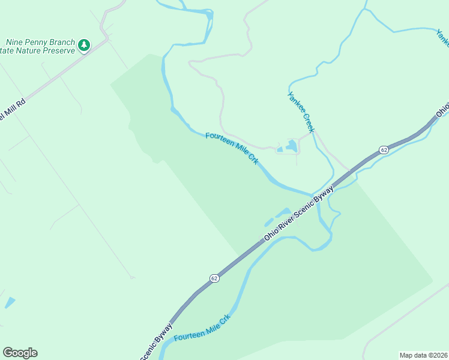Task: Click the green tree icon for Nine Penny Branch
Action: tap(85, 44)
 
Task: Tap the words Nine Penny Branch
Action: tap(40, 43)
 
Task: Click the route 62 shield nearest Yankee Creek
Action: tap(383, 149)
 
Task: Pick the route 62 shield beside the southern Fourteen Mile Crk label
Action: tap(214, 278)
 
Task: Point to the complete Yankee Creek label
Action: tap(301, 112)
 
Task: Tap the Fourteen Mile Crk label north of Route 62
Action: tap(232, 148)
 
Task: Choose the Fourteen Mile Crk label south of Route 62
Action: tap(202, 328)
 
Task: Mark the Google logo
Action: tap(20, 353)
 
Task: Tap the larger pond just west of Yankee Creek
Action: tap(291, 145)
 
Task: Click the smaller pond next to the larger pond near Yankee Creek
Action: tap(279, 149)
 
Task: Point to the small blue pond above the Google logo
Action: tap(10, 302)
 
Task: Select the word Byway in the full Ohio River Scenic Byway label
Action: tap(324, 194)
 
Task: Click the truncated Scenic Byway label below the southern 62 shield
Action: tap(157, 342)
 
